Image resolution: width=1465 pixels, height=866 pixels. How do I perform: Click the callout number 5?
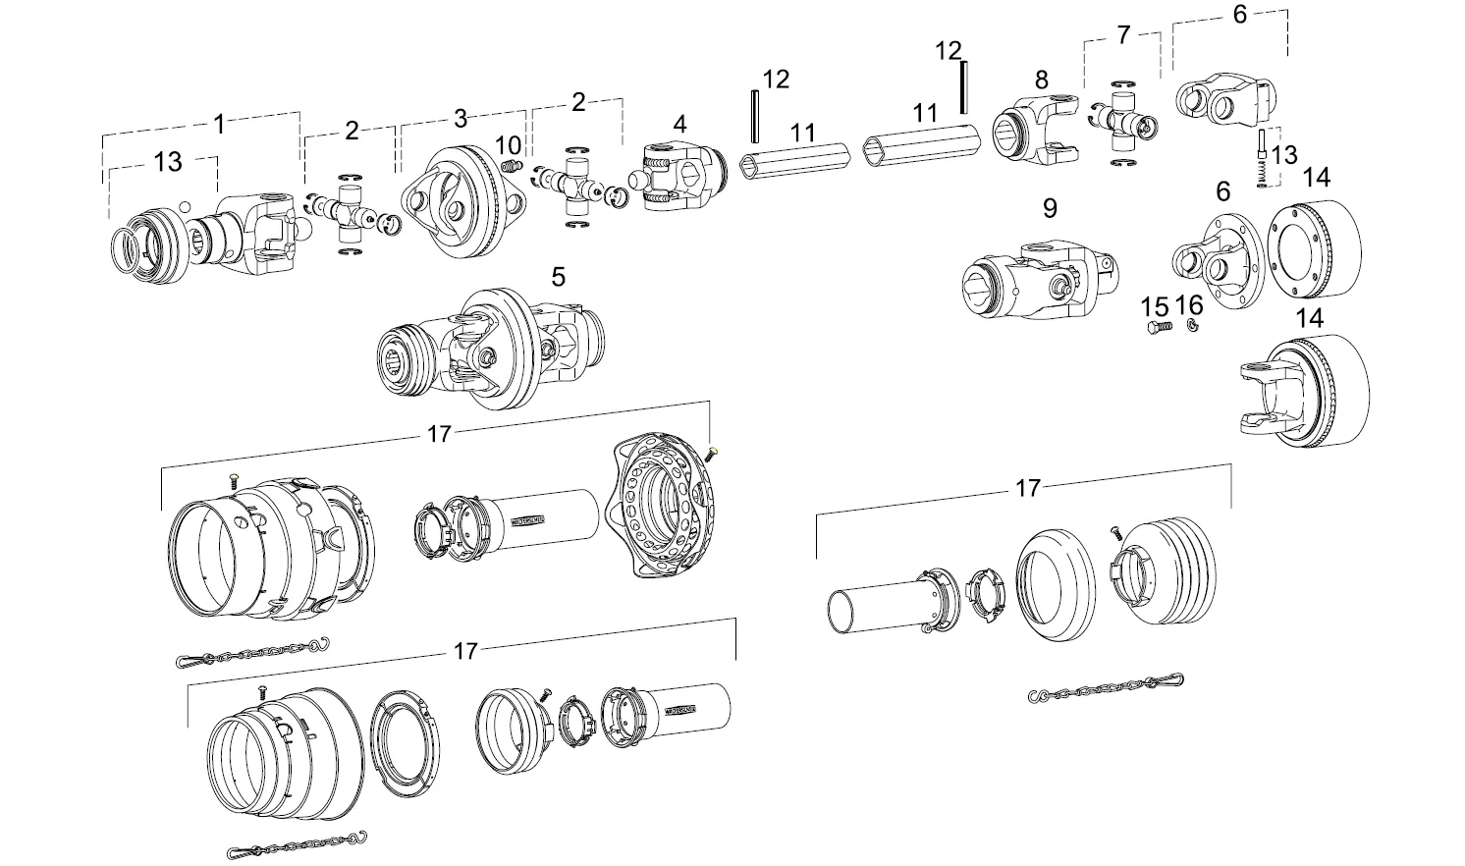(x=558, y=277)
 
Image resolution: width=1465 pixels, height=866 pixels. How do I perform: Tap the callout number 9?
(x=1050, y=208)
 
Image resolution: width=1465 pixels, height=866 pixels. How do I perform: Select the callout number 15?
(x=1155, y=304)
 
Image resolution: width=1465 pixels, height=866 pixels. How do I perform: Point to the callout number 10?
(x=508, y=146)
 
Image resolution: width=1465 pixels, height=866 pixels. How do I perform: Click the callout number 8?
(x=1041, y=79)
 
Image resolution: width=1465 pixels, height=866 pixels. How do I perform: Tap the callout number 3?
(x=461, y=120)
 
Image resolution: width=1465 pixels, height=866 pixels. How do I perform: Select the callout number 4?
(x=679, y=124)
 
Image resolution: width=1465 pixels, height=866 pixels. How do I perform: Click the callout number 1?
(x=219, y=124)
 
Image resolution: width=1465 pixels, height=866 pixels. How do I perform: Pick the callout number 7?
(x=1123, y=35)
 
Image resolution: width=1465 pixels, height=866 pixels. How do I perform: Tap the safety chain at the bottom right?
(x=1106, y=687)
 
